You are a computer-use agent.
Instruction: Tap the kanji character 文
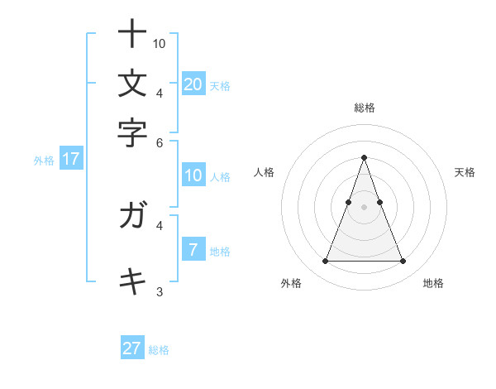132,84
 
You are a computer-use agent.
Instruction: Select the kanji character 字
132,132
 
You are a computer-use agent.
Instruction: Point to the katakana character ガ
132,216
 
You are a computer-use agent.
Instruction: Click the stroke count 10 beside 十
160,43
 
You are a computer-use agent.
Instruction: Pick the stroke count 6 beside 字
160,142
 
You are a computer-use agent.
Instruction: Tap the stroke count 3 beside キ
160,291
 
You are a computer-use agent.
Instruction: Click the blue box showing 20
193,84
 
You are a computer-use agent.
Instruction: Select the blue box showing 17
70,160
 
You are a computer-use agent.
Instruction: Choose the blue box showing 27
132,348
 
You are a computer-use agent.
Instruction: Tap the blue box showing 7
193,250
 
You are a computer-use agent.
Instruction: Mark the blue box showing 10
193,175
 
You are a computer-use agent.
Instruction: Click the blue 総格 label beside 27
159,350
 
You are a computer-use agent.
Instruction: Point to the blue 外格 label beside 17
44,161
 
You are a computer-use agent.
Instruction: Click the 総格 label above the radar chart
364,108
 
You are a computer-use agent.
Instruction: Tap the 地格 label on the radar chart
433,284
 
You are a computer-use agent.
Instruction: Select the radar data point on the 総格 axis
364,157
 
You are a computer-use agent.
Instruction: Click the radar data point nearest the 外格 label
325,262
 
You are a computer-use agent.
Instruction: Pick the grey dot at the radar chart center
364,206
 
